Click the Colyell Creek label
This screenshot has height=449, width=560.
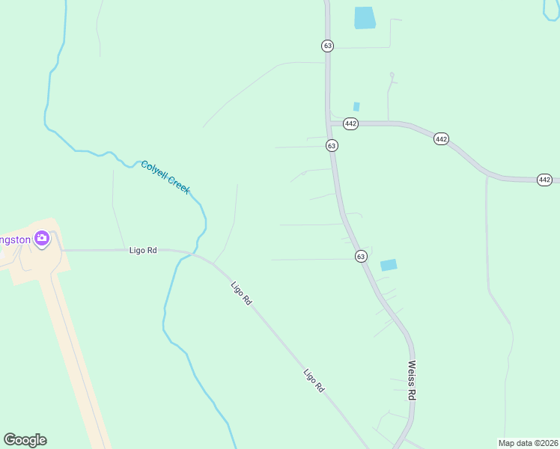(165, 177)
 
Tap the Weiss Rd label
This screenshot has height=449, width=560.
(411, 379)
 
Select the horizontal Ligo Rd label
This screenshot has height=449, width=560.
(142, 251)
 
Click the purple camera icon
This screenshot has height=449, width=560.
(42, 239)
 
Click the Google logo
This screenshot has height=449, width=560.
(25, 440)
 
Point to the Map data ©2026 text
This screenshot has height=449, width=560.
(528, 442)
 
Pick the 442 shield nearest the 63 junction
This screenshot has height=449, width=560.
(350, 123)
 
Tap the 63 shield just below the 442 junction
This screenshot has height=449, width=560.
(332, 145)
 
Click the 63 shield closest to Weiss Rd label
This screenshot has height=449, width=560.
(361, 256)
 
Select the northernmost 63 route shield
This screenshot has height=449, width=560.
(327, 46)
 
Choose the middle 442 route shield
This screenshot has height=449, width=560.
(441, 139)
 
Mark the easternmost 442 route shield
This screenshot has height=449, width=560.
(544, 180)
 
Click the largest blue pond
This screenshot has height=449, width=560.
(364, 17)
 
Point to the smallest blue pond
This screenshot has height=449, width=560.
(356, 107)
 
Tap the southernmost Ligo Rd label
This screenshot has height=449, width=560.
(314, 381)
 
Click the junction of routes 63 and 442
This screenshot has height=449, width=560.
(329, 122)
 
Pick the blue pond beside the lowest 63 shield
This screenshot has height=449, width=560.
(389, 265)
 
